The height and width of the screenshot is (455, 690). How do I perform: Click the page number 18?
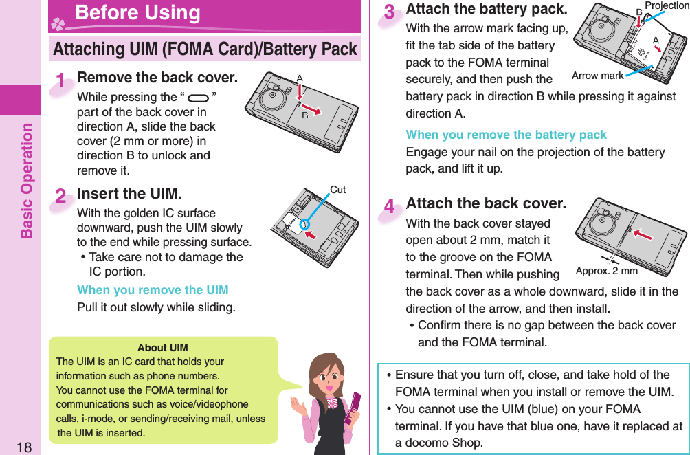(x=25, y=447)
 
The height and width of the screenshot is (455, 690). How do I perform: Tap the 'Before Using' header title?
(x=137, y=13)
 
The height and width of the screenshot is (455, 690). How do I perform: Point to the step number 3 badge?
(x=390, y=13)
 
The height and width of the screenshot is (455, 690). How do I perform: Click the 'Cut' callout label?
(x=337, y=190)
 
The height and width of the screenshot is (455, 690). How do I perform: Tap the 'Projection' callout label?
(x=666, y=6)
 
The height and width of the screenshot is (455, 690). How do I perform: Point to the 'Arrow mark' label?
(x=597, y=76)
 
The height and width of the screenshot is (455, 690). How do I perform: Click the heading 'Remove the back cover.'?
(x=157, y=77)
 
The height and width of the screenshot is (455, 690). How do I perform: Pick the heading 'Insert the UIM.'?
(x=129, y=194)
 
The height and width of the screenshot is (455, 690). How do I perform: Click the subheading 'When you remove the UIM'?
(x=153, y=290)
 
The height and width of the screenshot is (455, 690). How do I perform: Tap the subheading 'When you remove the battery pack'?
(x=506, y=135)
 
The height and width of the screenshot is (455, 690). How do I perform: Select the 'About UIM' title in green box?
(x=162, y=348)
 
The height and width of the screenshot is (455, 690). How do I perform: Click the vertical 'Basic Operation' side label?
(x=26, y=180)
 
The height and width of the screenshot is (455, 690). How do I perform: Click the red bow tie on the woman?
(x=332, y=403)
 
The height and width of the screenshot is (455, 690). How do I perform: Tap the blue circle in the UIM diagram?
(x=304, y=224)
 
